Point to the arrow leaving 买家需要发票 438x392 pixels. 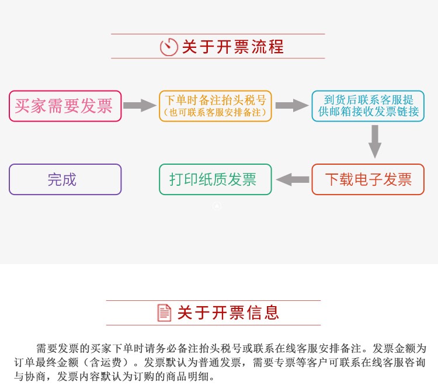click(x=140, y=105)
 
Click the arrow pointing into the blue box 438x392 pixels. click(x=292, y=105)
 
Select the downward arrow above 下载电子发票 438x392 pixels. click(x=375, y=141)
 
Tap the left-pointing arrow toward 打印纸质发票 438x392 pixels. click(x=293, y=179)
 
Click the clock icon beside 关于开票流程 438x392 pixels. click(x=169, y=47)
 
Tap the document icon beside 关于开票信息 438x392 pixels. click(x=164, y=313)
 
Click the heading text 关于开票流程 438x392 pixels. click(x=232, y=47)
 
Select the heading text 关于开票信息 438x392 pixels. click(x=228, y=313)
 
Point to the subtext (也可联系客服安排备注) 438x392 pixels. click(x=215, y=112)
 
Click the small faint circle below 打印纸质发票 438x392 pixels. click(x=217, y=206)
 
